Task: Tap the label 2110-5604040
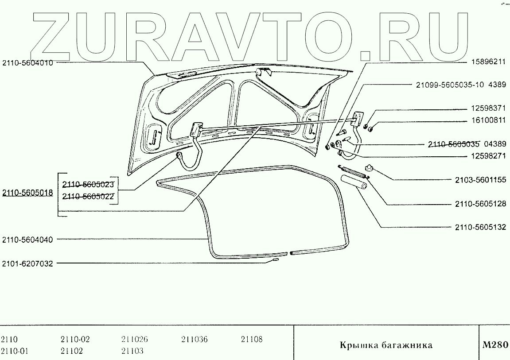(x=27, y=240)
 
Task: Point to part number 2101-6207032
(x=27, y=263)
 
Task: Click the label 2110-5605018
(x=27, y=193)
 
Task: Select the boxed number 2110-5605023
(x=88, y=184)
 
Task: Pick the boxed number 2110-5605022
(x=88, y=196)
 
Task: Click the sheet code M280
(x=494, y=345)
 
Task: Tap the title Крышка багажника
(x=386, y=345)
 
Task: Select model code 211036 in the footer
(x=194, y=340)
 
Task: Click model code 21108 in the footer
(x=252, y=340)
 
